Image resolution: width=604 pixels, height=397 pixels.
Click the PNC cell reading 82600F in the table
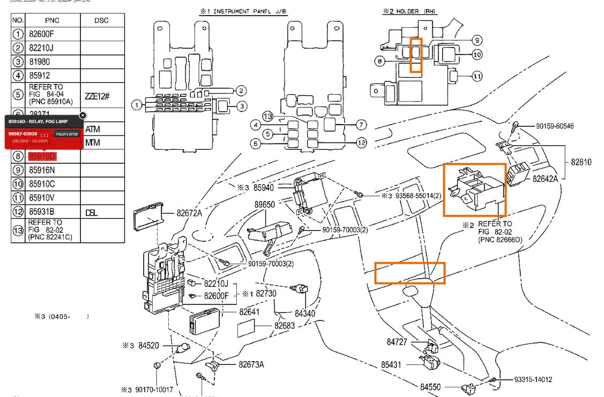point(41,34)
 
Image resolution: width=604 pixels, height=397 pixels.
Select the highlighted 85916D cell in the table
point(42,156)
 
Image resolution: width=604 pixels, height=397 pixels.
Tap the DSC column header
point(101,20)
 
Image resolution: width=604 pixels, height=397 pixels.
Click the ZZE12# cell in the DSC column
point(97,96)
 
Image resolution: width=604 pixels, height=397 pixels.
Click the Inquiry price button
point(67,134)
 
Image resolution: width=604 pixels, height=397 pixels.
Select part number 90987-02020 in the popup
point(23,133)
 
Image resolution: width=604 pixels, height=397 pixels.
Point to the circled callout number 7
point(361,125)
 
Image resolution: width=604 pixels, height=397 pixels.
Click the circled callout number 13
point(268,116)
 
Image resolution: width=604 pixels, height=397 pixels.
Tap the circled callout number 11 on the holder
point(478,77)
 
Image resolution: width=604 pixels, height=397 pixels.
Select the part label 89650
point(264,204)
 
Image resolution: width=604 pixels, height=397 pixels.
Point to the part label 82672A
point(189,213)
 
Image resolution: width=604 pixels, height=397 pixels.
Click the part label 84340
point(305,313)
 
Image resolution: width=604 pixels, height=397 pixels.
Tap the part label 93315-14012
point(533,380)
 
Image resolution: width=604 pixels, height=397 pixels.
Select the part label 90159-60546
point(555,126)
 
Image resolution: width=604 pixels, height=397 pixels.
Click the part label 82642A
point(546,179)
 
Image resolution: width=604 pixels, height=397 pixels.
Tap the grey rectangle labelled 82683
point(248,327)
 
